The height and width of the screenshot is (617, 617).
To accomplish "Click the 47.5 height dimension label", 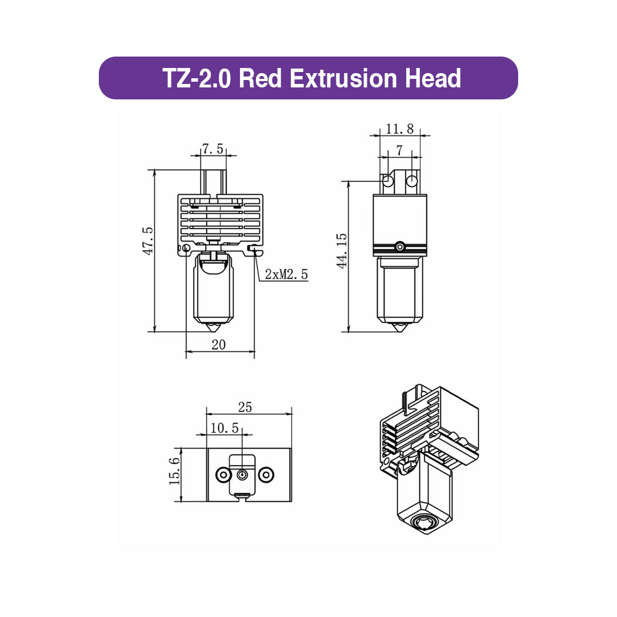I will tap(148, 241).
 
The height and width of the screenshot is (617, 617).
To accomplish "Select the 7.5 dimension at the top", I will tap(213, 150).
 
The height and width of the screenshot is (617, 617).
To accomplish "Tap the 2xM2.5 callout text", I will tap(287, 275).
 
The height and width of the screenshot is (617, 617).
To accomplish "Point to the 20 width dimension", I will tap(219, 344).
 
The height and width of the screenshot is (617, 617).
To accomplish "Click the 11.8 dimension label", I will tap(399, 129).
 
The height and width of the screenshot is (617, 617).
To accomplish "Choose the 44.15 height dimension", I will tap(342, 250).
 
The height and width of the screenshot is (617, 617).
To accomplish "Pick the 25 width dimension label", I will tap(245, 407).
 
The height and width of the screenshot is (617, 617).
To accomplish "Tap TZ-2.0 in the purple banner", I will tap(197, 78).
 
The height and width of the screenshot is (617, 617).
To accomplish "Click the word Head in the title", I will tap(432, 78).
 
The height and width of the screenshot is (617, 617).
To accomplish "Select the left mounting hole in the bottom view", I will tap(222, 475).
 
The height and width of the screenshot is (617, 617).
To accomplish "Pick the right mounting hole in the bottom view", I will tap(265, 475).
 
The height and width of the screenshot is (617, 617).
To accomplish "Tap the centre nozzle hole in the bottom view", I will tap(243, 475).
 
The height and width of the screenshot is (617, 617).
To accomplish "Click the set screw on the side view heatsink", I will tap(400, 247).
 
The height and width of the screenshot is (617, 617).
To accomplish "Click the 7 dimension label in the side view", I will tap(399, 150).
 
